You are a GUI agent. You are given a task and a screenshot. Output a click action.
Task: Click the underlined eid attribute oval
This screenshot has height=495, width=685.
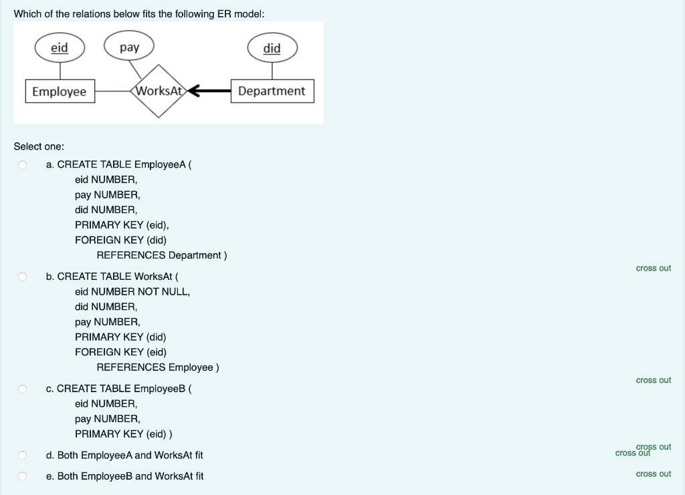[x=60, y=48]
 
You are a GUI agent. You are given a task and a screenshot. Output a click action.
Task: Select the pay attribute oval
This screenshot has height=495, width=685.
[x=129, y=47]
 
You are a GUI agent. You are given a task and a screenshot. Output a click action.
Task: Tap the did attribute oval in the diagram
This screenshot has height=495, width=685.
[x=272, y=48]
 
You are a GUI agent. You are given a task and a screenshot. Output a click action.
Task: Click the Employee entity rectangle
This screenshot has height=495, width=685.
[x=60, y=92]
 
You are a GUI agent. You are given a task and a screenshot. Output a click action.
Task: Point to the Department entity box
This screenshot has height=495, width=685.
[x=272, y=91]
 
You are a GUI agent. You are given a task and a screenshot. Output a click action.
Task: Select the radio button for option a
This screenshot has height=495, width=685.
[x=22, y=164]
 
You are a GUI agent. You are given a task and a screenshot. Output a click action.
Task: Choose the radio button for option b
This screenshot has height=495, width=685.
[x=22, y=277]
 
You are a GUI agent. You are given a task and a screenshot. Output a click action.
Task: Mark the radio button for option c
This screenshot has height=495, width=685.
[x=22, y=389]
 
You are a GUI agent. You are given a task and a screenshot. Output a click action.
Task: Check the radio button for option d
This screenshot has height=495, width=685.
[x=22, y=456]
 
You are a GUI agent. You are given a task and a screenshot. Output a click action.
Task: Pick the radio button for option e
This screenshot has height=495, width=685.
[x=22, y=476]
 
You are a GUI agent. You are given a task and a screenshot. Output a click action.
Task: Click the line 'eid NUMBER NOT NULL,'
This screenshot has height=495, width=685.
[x=132, y=292]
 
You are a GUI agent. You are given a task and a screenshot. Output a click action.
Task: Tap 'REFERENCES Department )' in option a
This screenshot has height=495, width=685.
[x=162, y=255]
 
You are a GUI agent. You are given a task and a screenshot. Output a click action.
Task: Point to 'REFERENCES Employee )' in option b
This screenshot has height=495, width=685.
[x=158, y=367]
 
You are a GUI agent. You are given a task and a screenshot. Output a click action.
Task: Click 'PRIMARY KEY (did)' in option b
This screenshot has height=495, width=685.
[x=120, y=337]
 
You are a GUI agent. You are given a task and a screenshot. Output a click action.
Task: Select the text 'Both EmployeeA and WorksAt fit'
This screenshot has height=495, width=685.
[x=130, y=456]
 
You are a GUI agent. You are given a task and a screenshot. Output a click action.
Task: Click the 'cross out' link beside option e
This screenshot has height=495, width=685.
[x=653, y=474]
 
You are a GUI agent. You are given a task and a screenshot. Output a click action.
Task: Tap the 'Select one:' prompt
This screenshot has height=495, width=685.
[x=39, y=146]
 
